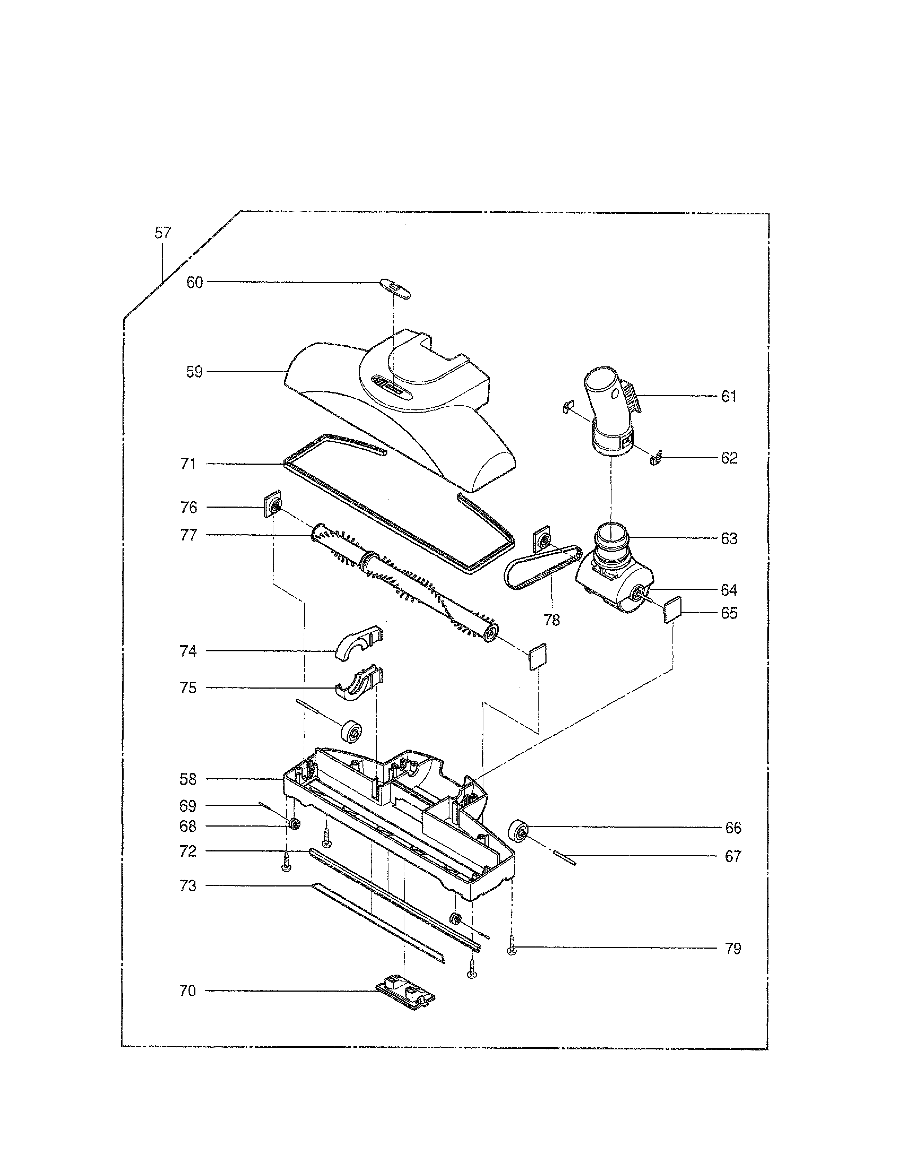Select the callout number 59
[x=194, y=372]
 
